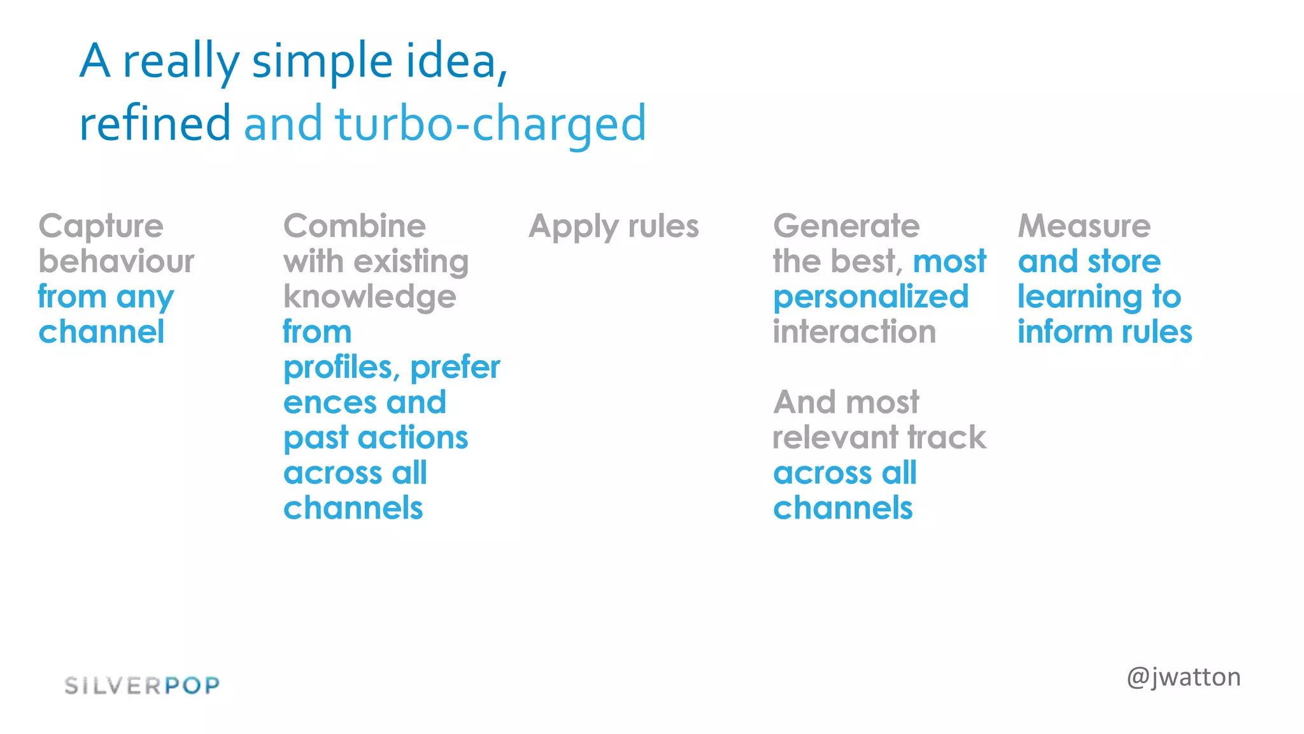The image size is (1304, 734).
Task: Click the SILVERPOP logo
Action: click(x=142, y=686)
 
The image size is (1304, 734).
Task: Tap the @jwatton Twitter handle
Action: click(x=1183, y=677)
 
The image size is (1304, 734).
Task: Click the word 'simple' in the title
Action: click(x=322, y=62)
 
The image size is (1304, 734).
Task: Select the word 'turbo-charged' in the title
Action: click(x=490, y=124)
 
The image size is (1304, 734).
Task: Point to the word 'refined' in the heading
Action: click(x=155, y=124)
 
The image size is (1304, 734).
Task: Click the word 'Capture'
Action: click(x=101, y=227)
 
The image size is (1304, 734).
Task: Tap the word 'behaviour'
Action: click(x=117, y=262)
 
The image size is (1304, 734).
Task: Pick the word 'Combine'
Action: click(x=355, y=226)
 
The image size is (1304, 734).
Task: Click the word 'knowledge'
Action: click(x=370, y=298)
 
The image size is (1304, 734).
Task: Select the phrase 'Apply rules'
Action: click(x=614, y=227)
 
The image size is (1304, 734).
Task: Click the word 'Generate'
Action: click(x=846, y=226)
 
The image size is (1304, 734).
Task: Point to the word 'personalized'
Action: click(x=870, y=298)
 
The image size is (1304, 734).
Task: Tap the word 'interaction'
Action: click(x=854, y=332)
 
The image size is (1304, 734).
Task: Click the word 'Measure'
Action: click(x=1084, y=226)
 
